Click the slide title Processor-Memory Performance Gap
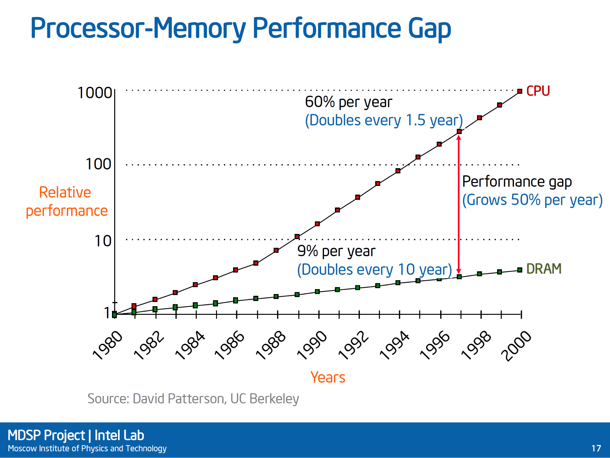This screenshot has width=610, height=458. (x=240, y=28)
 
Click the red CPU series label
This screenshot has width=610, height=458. (x=538, y=91)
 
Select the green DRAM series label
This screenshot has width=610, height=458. (x=544, y=269)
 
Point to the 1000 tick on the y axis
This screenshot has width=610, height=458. (x=95, y=93)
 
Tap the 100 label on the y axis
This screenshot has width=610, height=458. (x=98, y=164)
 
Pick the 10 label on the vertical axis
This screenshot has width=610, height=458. (x=103, y=241)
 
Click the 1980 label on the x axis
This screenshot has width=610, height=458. (x=108, y=345)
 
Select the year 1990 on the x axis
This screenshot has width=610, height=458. (x=312, y=345)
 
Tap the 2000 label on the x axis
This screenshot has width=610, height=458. (x=516, y=346)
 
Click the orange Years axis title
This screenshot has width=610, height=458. (x=328, y=377)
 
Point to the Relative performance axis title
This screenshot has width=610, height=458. (x=67, y=202)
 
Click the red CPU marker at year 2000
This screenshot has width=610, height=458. (x=520, y=91)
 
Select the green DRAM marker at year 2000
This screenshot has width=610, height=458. (x=520, y=270)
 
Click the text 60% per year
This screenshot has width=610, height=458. (x=348, y=102)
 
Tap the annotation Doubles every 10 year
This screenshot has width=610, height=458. (x=374, y=270)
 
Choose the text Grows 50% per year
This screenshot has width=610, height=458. (x=532, y=200)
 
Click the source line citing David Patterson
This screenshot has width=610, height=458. (x=193, y=399)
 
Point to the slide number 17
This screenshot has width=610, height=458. (x=596, y=448)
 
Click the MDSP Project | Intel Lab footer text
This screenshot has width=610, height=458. (x=76, y=435)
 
